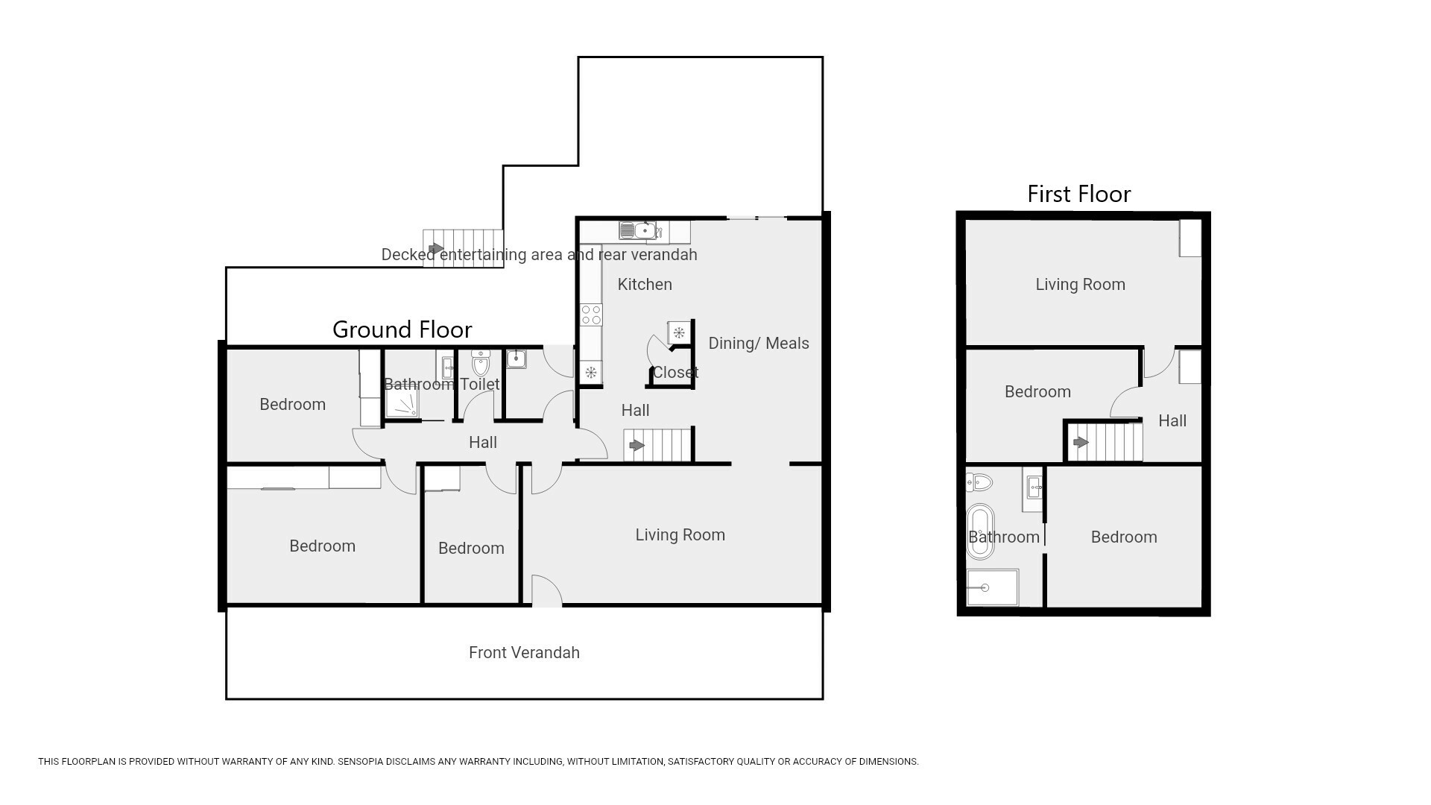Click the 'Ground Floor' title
coord(402,329)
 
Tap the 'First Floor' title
coord(1078,194)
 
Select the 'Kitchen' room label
coord(645,284)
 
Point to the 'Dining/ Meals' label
coord(758,343)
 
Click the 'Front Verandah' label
coord(524,652)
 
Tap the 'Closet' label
coord(675,372)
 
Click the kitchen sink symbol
coord(637,231)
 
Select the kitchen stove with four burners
coord(591,315)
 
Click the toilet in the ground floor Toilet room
coord(481,363)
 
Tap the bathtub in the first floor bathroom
coord(980,531)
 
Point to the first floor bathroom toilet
coord(979,482)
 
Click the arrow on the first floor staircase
coord(1080,443)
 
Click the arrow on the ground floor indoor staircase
coord(636,446)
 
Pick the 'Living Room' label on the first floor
coord(1080,284)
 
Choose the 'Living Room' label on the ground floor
coord(680,534)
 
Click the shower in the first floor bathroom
coord(993,587)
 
